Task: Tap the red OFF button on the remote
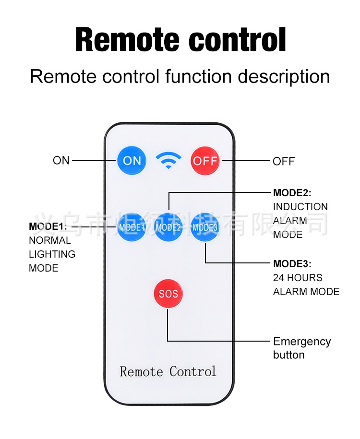[x=205, y=161]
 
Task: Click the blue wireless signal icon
[x=168, y=161]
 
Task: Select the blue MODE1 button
[x=132, y=227]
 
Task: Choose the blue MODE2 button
[x=168, y=227]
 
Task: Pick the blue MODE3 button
[x=205, y=227]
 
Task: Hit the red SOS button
[x=168, y=294]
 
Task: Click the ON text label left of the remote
[x=61, y=161]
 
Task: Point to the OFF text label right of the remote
[x=284, y=161]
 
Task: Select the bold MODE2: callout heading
[x=292, y=193]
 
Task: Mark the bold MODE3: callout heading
[x=292, y=264]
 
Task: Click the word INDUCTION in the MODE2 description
[x=300, y=207]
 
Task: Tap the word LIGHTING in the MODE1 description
[x=52, y=254]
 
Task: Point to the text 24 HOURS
[x=298, y=278]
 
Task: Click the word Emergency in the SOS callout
[x=302, y=342]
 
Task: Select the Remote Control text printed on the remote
[x=168, y=371]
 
